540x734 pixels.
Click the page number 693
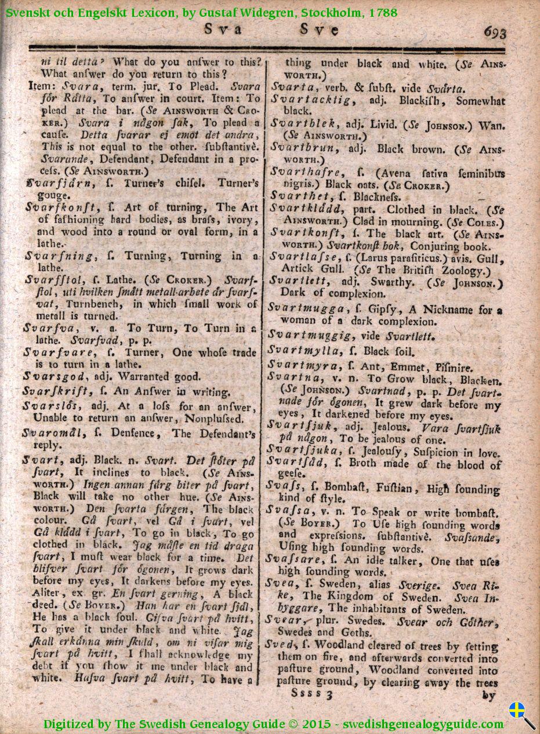pyautogui.click(x=494, y=32)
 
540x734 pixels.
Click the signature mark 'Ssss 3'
pyautogui.click(x=311, y=693)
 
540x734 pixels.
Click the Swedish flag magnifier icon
pyautogui.click(x=521, y=714)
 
